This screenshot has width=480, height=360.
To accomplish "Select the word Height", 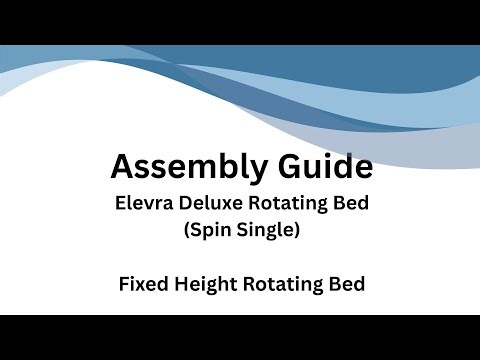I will pyautogui.click(x=200, y=284).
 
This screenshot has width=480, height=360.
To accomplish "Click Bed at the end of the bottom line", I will pyautogui.click(x=345, y=284).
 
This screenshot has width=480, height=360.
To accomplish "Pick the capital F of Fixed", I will pyautogui.click(x=122, y=284).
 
